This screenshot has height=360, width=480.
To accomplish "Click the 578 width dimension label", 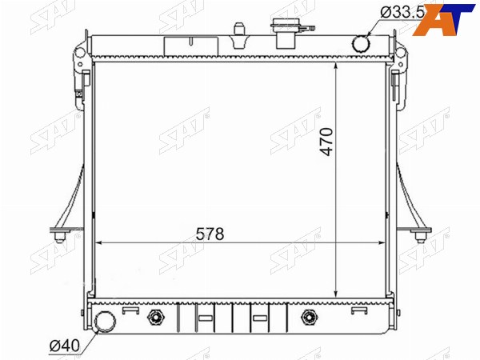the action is (x=210, y=234).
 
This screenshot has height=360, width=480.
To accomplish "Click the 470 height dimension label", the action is (x=326, y=142).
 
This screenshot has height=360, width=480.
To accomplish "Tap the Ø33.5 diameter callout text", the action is (x=402, y=13).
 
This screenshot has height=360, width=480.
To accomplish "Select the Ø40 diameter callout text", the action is (x=65, y=346).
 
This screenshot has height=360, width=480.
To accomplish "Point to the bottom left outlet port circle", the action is (x=105, y=322).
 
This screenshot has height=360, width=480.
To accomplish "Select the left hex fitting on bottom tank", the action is (x=155, y=317).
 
